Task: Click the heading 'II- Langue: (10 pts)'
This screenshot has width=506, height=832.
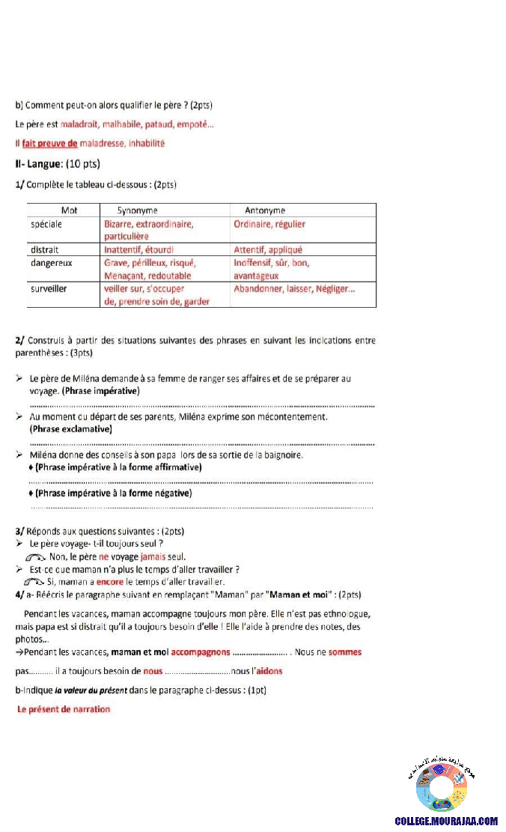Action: tap(58, 164)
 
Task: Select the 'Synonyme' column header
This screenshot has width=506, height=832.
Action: tap(137, 210)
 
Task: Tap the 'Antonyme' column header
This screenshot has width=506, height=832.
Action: tap(265, 210)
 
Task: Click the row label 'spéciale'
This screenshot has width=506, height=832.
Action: tap(46, 224)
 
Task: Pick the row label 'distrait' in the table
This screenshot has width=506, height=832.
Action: tap(45, 250)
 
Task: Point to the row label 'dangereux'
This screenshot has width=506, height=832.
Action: tap(51, 263)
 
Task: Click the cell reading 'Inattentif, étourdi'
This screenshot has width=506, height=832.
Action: tap(140, 250)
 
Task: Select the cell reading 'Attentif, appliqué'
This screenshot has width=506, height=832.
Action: tap(268, 250)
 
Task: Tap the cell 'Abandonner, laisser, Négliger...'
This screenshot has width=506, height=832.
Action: tap(294, 288)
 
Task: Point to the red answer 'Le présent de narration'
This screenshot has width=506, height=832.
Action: tap(64, 709)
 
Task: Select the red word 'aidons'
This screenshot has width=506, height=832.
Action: tap(267, 671)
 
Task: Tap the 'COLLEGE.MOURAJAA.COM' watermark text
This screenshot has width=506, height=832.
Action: tap(446, 821)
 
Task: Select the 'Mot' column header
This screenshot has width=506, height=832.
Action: tap(69, 210)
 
